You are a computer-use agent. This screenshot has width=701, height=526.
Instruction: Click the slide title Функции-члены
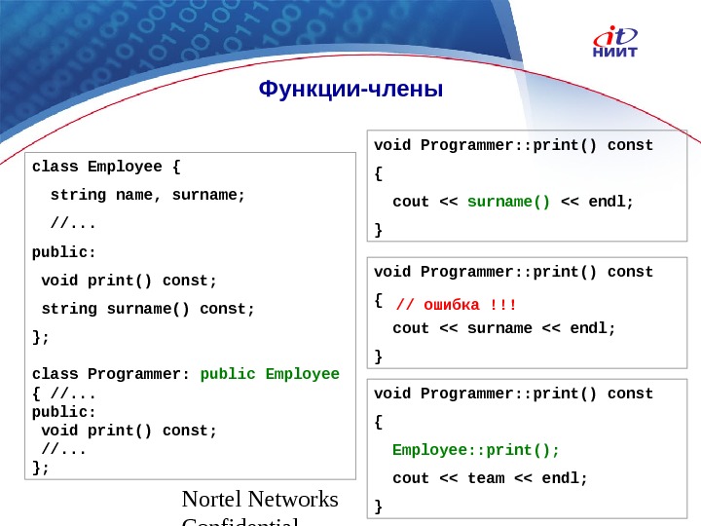coord(350,91)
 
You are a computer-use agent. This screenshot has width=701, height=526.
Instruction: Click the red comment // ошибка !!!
coord(457,306)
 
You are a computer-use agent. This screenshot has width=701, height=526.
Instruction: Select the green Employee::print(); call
coord(476,450)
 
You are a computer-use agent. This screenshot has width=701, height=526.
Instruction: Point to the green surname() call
coord(508,202)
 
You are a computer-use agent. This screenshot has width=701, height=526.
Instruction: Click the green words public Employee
coord(270,374)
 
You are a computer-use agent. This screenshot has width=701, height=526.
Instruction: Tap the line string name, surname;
coord(148,194)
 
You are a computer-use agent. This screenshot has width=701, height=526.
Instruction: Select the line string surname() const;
coord(148,309)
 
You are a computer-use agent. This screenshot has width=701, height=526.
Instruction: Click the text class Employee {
coord(106,166)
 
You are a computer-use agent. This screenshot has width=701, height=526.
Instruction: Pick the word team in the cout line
coord(486,478)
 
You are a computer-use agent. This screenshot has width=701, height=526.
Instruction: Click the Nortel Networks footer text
coord(260,500)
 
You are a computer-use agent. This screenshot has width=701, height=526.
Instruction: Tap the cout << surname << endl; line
coord(504,328)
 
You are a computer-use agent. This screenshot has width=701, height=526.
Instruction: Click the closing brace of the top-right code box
coord(379,230)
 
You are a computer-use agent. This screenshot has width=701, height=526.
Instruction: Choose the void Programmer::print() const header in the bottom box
coord(514,394)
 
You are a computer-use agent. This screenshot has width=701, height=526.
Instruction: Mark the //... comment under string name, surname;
coord(73,223)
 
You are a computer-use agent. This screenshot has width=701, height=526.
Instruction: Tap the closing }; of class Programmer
coord(40,468)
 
